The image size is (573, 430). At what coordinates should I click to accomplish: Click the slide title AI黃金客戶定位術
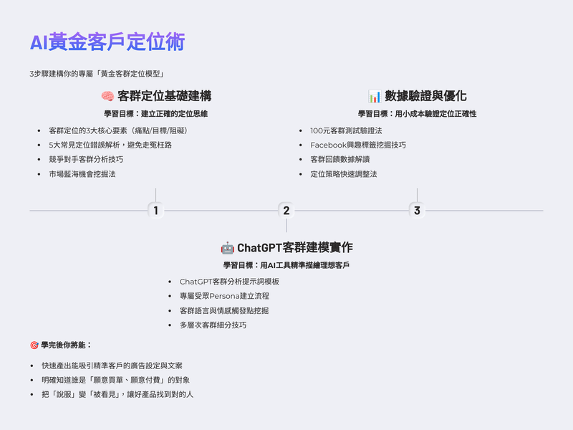coord(107,42)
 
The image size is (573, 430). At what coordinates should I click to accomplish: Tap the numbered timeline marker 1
coord(155,210)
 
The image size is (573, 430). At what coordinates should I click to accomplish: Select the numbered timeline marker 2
coord(286,210)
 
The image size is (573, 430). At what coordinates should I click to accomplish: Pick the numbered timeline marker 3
coord(417,210)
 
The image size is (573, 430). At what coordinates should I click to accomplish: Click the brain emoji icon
coord(107,96)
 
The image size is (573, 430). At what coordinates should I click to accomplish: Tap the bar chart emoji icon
coord(375,96)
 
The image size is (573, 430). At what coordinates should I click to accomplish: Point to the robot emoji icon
coord(227,248)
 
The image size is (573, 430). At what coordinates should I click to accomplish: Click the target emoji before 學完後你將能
coord(34,345)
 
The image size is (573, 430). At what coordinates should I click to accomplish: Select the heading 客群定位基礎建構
coord(164,96)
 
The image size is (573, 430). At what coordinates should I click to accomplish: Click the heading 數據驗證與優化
coord(425,96)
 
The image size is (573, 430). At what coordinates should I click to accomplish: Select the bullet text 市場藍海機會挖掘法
coord(82,174)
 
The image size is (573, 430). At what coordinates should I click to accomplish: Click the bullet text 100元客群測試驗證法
coord(346,130)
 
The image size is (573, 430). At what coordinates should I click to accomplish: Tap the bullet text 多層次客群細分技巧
coord(213,325)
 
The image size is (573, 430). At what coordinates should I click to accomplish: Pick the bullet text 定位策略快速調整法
coord(344,174)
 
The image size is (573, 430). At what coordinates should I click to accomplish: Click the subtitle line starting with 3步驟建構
coord(97,74)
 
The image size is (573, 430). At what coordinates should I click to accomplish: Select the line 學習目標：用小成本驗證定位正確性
coord(417,114)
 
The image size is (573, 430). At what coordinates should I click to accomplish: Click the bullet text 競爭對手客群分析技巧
coord(86,159)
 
